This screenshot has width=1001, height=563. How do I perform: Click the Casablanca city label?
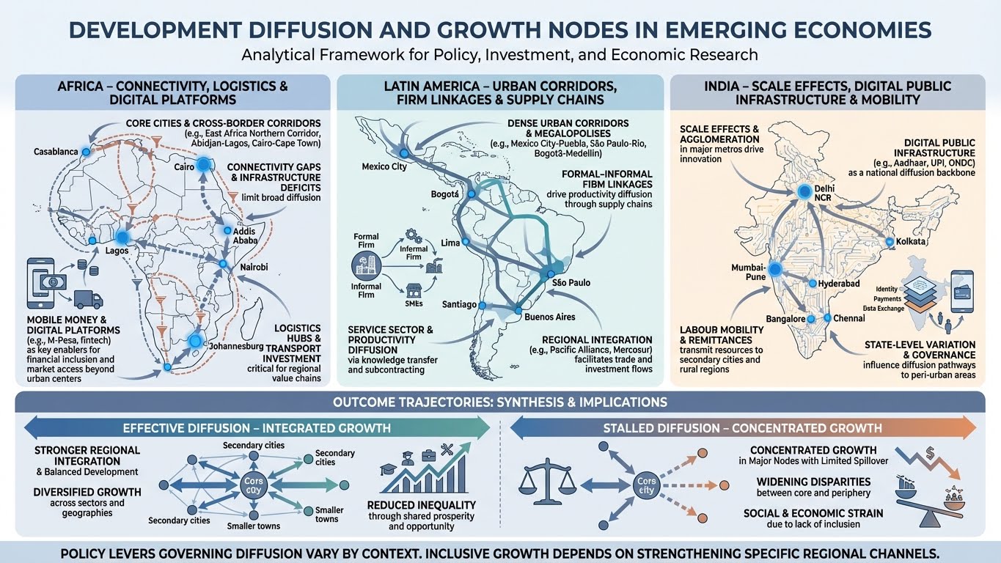(x=55, y=152)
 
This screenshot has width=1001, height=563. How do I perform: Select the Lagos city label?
(x=117, y=251)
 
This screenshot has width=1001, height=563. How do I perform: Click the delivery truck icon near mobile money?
(x=89, y=299)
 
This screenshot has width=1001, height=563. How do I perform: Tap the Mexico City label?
(x=384, y=167)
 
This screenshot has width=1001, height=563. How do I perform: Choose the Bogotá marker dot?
(x=472, y=194)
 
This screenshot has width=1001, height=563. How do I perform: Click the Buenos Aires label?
(x=550, y=317)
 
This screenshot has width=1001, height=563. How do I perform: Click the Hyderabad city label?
(x=840, y=283)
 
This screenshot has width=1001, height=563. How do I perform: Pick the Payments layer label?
(x=888, y=299)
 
